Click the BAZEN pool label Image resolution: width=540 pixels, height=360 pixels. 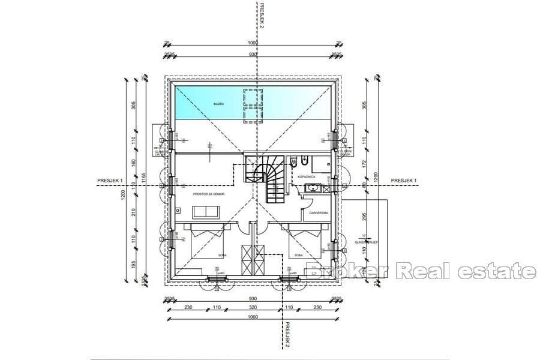click(218, 104)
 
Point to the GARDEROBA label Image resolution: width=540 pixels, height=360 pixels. click(317, 213)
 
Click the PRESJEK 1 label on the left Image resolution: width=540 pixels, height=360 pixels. click(110, 181)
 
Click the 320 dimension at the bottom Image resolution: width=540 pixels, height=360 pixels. click(253, 307)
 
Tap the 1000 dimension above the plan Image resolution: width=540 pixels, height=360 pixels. click(253, 43)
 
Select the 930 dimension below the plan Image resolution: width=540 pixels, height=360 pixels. click(253, 298)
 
